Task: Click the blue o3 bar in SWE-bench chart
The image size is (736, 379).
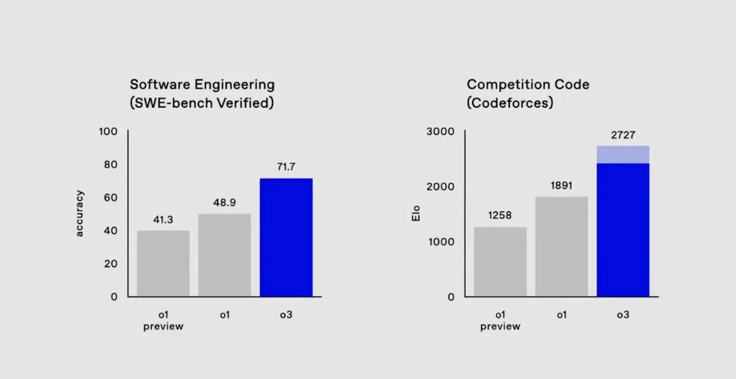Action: tap(286, 237)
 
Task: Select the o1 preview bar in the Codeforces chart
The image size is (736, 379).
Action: tap(500, 262)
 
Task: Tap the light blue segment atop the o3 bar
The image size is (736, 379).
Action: tap(623, 154)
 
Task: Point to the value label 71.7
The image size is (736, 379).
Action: tap(286, 167)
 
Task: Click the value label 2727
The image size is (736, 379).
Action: tap(623, 135)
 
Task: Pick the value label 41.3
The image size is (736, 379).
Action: tap(163, 219)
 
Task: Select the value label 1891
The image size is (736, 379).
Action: tap(561, 185)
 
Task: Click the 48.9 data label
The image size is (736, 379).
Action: tap(224, 203)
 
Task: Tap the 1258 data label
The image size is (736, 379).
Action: tap(500, 215)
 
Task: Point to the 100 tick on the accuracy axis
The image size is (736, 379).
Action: tap(108, 132)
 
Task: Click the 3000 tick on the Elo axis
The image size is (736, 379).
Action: tap(440, 132)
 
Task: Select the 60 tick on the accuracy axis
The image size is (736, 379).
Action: tap(110, 198)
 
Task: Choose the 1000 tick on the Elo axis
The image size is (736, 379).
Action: tap(441, 242)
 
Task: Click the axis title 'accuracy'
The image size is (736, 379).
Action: tap(79, 214)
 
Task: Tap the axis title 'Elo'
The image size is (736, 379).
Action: tap(416, 214)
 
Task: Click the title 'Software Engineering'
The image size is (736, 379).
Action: tap(202, 84)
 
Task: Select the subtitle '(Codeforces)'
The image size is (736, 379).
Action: tap(509, 103)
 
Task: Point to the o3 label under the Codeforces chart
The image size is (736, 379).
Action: tap(623, 315)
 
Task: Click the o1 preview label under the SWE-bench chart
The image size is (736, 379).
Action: tap(163, 320)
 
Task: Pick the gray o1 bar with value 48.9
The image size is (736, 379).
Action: tap(224, 255)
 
